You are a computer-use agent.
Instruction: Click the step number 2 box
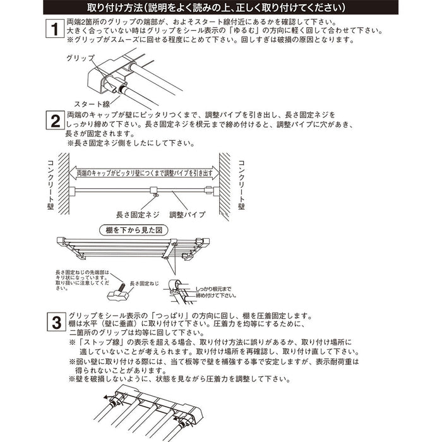pyautogui.click(x=55, y=121)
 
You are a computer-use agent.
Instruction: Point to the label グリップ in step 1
pyautogui.click(x=81, y=57)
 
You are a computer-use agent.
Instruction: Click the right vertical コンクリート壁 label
pyautogui.click(x=241, y=182)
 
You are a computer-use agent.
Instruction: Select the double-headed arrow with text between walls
pyautogui.click(x=145, y=172)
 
